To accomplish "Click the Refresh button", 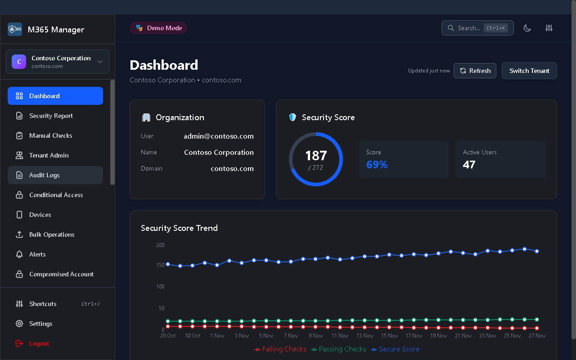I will point(475,71).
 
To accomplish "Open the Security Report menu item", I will point(51,116).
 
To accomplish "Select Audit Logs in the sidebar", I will point(44,175).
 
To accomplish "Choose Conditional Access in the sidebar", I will point(56,195).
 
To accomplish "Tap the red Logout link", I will point(39,343).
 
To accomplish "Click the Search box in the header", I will point(477,28).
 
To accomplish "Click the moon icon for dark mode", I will point(527,28).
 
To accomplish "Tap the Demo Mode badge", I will point(158,28).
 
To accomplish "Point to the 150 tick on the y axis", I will point(160,265).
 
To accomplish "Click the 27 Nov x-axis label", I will point(537,336).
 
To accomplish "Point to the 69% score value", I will point(377,165).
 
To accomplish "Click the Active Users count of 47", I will point(469,165).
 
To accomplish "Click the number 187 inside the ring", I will point(316,156).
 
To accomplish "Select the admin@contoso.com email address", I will point(219,136).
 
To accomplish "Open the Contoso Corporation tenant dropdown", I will point(58,62).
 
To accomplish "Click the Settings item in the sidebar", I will point(40,324).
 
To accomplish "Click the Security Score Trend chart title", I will point(179,228).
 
